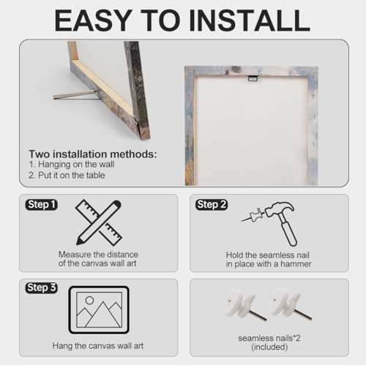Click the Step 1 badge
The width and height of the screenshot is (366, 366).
tap(42, 204)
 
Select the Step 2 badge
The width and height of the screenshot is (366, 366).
tap(212, 204)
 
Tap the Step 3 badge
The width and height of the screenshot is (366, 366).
tap(42, 288)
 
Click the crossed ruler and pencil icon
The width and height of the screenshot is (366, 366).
tap(99, 223)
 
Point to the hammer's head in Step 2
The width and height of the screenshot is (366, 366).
tap(280, 209)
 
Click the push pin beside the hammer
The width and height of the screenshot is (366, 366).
tap(253, 216)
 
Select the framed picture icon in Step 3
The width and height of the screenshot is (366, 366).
tap(99, 310)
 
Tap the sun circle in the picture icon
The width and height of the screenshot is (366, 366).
tap(89, 300)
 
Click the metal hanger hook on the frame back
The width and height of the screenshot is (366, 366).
tap(253, 78)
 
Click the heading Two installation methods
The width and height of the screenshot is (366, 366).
tap(93, 154)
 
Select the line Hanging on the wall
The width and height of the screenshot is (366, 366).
tap(72, 165)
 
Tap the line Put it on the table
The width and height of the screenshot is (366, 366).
tap(67, 175)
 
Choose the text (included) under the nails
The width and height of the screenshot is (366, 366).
tap(269, 347)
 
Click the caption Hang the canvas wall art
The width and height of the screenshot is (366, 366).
tap(98, 346)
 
